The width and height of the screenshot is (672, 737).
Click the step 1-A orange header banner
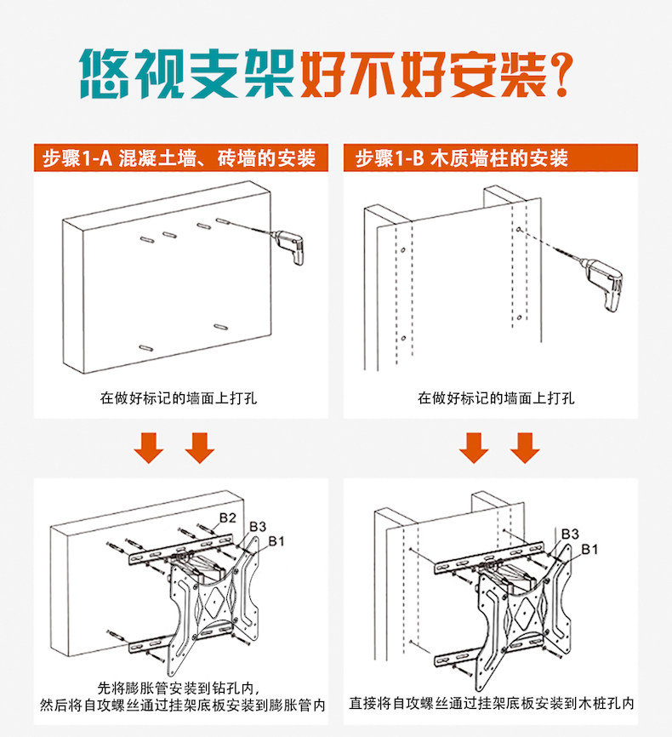[x=179, y=158]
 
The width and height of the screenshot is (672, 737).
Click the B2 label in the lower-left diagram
[x=227, y=517]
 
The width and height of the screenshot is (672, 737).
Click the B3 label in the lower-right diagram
[x=569, y=533]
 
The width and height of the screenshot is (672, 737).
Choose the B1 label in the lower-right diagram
[x=590, y=549]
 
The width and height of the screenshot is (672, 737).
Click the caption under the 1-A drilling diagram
[x=178, y=397]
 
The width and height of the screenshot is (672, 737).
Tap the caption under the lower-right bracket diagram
[x=492, y=703]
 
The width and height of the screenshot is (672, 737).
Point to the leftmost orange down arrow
[x=150, y=446]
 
